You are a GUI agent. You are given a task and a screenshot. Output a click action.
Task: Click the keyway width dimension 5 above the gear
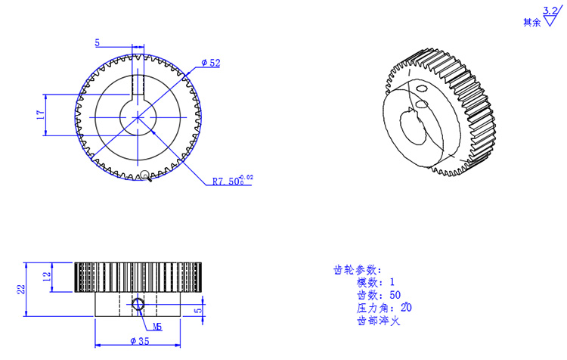97,43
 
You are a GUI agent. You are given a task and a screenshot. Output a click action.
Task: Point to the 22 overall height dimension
22,289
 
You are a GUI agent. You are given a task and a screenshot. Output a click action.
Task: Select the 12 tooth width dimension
46,277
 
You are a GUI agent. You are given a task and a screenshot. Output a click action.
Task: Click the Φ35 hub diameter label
139,342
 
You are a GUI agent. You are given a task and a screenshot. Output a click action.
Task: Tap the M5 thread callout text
157,327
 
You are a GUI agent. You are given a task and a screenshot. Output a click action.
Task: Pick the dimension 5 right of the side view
198,309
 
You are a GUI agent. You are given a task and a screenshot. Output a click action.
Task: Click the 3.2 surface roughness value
550,11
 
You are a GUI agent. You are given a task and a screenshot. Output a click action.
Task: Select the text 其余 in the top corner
531,23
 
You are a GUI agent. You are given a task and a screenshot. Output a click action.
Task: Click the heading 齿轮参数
357,270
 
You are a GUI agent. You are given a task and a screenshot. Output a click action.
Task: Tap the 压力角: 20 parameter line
384,309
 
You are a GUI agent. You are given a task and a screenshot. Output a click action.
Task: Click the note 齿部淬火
377,321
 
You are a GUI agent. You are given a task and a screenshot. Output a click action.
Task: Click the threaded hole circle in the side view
138,305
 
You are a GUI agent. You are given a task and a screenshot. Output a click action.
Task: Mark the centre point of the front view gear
138,116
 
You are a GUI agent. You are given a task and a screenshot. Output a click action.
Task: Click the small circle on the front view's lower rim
144,175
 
